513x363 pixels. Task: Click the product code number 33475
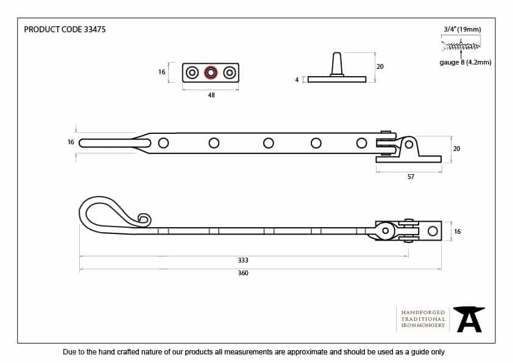point(94,29)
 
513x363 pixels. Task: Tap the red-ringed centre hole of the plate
point(211,72)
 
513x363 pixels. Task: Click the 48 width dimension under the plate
point(211,95)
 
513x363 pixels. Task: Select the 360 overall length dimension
point(243,273)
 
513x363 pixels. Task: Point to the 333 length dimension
point(243,260)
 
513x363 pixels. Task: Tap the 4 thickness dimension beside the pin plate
point(297,80)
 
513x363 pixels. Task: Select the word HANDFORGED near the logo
point(423,312)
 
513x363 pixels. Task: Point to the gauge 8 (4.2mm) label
point(465,62)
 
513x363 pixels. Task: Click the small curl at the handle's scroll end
point(144,218)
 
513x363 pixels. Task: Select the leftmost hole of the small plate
point(192,72)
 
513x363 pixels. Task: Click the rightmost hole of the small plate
point(230,72)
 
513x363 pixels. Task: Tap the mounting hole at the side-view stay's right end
point(433,231)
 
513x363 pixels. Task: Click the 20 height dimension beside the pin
point(380,66)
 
